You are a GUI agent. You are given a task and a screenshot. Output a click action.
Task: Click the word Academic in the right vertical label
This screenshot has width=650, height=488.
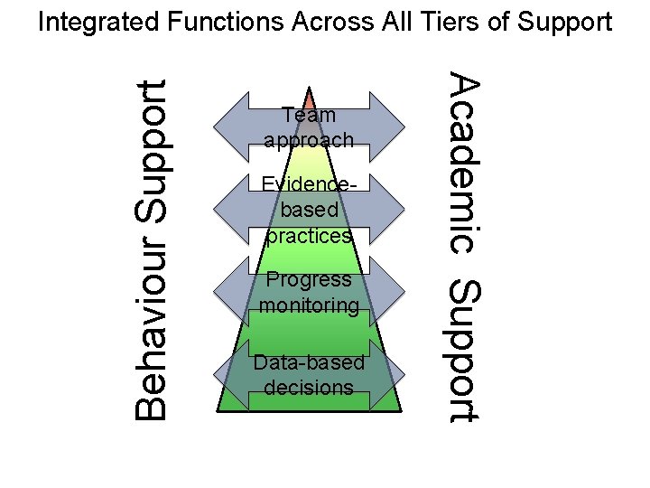pyautogui.click(x=464, y=163)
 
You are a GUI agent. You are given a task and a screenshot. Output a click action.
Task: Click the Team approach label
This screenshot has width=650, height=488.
pyautogui.click(x=309, y=127)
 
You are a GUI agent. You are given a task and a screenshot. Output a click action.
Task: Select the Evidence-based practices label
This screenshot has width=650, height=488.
pyautogui.click(x=309, y=210)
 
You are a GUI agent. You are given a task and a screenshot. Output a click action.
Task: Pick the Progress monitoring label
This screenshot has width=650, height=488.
pyautogui.click(x=309, y=292)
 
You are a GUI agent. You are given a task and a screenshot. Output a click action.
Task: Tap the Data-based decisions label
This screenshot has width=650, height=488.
pyautogui.click(x=309, y=374)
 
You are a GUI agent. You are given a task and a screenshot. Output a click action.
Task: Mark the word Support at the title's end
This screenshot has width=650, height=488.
pyautogui.click(x=564, y=22)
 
